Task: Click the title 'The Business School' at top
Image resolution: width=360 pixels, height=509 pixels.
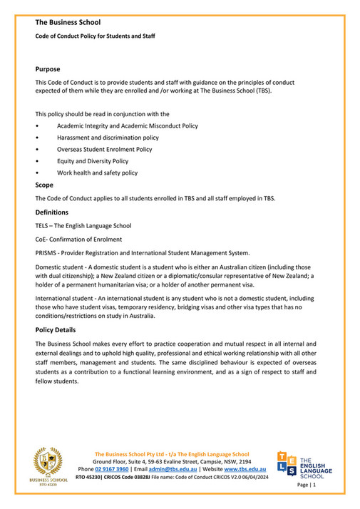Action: click(x=68, y=23)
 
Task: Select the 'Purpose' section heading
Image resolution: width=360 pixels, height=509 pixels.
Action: click(x=48, y=69)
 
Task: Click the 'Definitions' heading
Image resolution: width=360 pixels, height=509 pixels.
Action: click(x=52, y=212)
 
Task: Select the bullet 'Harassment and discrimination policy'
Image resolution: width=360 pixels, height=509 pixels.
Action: click(x=108, y=138)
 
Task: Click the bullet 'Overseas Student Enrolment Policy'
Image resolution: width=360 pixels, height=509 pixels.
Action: click(x=105, y=150)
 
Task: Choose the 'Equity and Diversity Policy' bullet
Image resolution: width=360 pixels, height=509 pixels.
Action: click(x=93, y=161)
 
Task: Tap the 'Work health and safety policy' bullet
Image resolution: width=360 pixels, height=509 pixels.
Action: click(x=98, y=173)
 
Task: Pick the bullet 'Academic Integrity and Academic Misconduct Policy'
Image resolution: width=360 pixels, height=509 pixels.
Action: click(x=128, y=126)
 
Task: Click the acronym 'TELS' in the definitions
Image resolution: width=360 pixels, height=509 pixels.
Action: click(x=43, y=226)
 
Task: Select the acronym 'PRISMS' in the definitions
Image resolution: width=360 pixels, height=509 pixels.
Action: click(x=47, y=252)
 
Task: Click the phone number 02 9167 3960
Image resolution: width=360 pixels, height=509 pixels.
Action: click(x=112, y=470)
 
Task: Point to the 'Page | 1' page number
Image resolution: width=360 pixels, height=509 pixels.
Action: click(x=304, y=485)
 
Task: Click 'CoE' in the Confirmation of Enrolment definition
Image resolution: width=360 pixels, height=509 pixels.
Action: click(x=41, y=240)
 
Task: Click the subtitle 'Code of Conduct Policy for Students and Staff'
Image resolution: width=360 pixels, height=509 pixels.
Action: click(x=95, y=36)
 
